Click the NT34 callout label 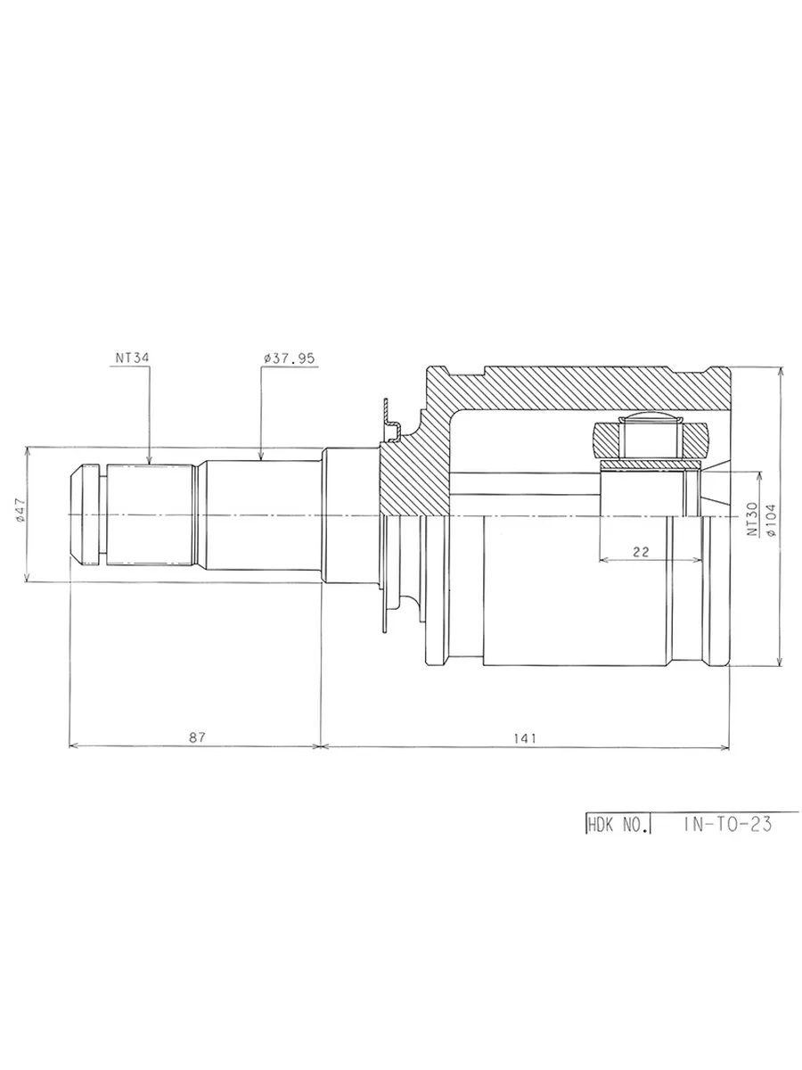tap(132, 358)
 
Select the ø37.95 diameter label tap(290, 358)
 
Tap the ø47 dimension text tap(20, 510)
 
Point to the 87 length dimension tap(197, 737)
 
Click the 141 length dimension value tap(525, 738)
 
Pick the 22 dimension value tap(641, 551)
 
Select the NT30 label tap(752, 519)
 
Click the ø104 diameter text tap(771, 520)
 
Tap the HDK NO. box tap(618, 824)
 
